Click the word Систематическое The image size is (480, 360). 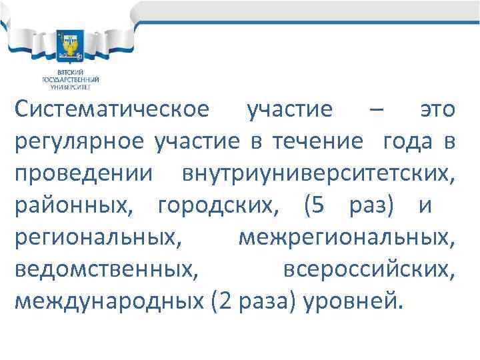[x=111, y=110]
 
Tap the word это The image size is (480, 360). [x=437, y=110]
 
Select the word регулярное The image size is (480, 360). [x=78, y=141]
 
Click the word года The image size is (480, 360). [x=407, y=141]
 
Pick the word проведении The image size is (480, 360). [x=83, y=173]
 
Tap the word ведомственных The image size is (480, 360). [x=105, y=269]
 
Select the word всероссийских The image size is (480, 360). [x=369, y=269]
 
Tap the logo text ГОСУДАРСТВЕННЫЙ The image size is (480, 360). [x=70, y=79]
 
